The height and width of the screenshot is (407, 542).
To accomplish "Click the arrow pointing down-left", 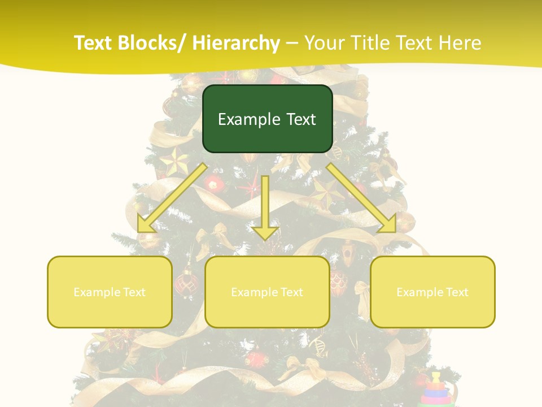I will tap(172, 197).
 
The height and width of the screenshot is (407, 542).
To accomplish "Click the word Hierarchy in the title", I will tap(236, 43).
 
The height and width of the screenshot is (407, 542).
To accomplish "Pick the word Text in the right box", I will tap(457, 292).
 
